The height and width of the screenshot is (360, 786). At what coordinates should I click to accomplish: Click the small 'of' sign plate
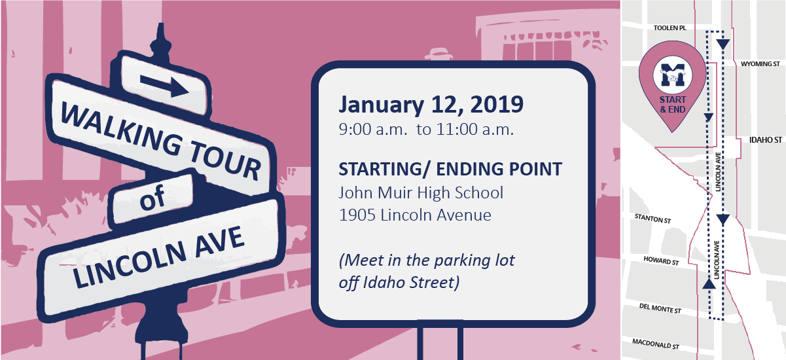pyautogui.click(x=152, y=198)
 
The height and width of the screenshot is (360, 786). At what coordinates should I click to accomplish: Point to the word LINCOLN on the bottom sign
pyautogui.click(x=129, y=264)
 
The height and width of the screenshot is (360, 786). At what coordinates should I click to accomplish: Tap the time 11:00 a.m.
pyautogui.click(x=475, y=130)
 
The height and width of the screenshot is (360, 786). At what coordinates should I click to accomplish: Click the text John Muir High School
pyautogui.click(x=421, y=192)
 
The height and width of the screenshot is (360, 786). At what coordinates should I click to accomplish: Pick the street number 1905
pyautogui.click(x=357, y=215)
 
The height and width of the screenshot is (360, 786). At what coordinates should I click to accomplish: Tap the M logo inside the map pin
pyautogui.click(x=672, y=75)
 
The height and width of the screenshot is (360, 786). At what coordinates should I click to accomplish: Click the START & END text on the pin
pyautogui.click(x=673, y=105)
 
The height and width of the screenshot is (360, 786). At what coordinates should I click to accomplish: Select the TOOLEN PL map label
pyautogui.click(x=670, y=27)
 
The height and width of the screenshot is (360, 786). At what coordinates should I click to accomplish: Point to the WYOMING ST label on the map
pyautogui.click(x=760, y=64)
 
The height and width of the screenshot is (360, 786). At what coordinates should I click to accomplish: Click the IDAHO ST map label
pyautogui.click(x=766, y=140)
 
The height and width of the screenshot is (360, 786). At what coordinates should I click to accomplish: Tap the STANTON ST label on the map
pyautogui.click(x=652, y=219)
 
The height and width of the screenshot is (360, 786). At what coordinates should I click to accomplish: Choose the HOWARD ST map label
pyautogui.click(x=661, y=261)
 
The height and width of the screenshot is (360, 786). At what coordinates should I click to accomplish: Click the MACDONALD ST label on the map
pyautogui.click(x=656, y=344)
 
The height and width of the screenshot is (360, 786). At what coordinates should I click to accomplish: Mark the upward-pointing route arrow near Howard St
pyautogui.click(x=709, y=283)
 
